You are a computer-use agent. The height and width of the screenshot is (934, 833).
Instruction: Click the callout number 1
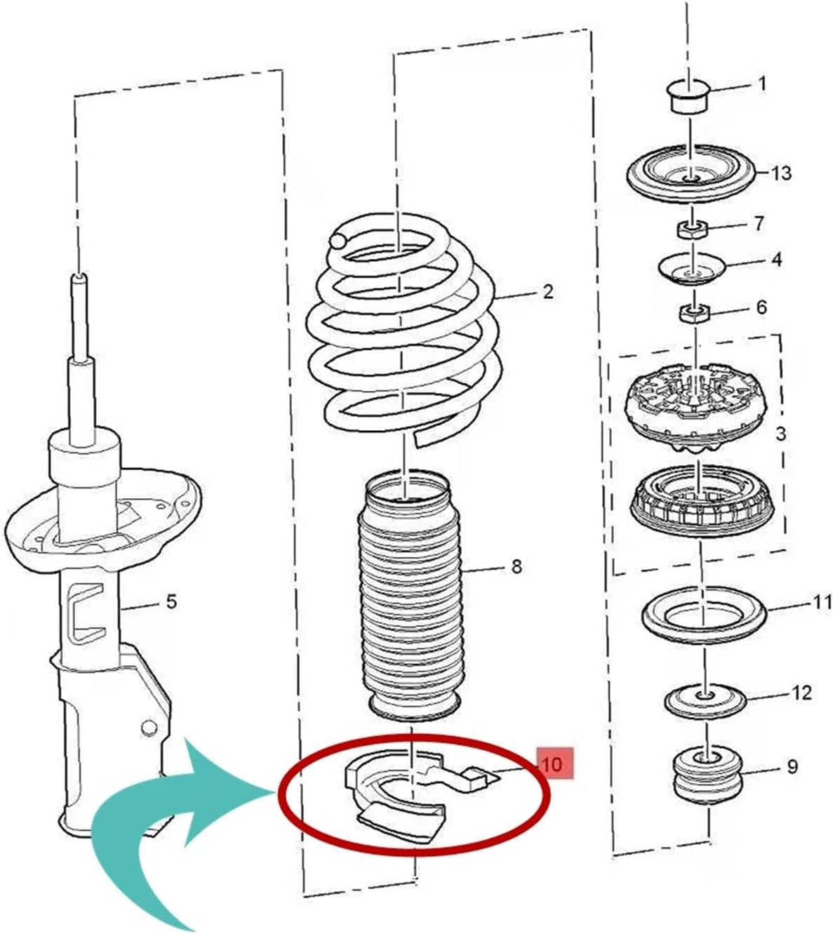pos(763,84)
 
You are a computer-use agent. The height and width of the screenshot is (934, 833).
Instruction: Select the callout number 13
pos(781,173)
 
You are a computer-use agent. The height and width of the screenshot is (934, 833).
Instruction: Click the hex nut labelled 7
pos(691,229)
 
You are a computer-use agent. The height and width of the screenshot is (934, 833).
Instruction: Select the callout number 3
pos(781,434)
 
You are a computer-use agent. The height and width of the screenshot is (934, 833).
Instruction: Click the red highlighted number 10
pos(553,764)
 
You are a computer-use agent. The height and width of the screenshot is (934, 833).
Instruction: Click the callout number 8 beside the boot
pos(517,566)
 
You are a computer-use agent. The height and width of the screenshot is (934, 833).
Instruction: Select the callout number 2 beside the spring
pos(548,291)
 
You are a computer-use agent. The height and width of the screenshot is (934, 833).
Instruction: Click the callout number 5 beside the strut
pos(171,601)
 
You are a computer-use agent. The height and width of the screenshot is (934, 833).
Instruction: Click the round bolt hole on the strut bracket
pos(148,727)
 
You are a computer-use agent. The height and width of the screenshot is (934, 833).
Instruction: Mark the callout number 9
pos(792,766)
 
